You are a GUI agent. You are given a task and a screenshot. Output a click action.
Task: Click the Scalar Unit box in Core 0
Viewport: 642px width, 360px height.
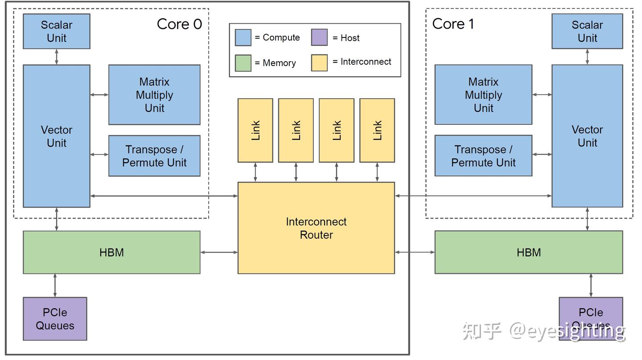coord(56,31)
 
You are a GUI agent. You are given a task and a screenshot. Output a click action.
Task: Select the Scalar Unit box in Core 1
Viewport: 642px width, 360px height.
coord(587,31)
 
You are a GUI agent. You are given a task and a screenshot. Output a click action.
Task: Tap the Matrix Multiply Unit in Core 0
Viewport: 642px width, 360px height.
coord(154,95)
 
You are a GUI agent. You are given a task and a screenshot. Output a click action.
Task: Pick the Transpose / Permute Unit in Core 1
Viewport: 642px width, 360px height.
coord(483,156)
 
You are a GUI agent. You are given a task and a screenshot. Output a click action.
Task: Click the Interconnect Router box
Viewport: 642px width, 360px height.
coord(316,228)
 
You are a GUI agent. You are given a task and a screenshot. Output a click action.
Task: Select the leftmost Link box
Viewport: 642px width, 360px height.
coord(255,130)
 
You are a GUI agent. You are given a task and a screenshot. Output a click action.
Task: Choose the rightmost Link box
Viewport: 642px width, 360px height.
coord(377,130)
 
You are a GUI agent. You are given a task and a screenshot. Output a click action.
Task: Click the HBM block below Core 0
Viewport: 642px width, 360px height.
coord(111,252)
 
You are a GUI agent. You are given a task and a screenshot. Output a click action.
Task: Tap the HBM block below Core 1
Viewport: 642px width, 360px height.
coord(528,252)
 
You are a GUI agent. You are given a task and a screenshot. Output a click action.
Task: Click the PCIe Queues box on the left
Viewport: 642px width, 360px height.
coord(55,319)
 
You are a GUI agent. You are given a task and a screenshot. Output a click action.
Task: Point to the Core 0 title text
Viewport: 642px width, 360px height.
coord(179,24)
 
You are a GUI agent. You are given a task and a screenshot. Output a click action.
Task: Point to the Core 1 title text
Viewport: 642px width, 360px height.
coord(453,24)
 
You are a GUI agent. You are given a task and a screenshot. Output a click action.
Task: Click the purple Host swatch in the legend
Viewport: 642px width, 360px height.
coord(319,37)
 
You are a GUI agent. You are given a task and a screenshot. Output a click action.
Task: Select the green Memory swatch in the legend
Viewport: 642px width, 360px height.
coord(243,63)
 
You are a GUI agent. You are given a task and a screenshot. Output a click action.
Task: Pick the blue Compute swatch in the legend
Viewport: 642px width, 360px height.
coord(243,37)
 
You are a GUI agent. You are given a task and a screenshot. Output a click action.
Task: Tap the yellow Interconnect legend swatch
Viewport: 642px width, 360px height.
coord(319,62)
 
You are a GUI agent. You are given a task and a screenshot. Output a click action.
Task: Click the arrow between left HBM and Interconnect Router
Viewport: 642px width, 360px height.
coord(219,252)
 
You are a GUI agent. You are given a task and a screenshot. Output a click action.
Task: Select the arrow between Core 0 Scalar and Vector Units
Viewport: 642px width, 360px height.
coord(57,57)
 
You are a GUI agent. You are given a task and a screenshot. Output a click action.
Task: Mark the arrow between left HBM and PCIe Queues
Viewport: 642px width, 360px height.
coord(55,286)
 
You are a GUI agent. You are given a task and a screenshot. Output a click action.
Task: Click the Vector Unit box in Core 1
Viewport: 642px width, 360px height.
coord(587,136)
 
